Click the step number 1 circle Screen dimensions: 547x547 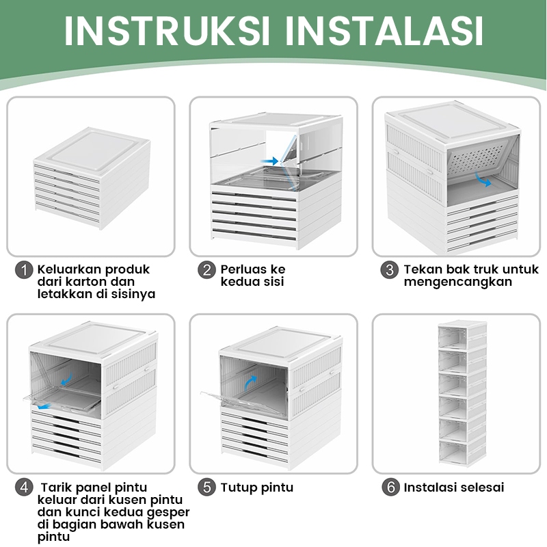click(24, 270)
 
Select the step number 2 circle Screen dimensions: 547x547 click(207, 270)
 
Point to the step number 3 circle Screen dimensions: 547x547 click(390, 270)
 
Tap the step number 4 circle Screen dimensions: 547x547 click(24, 488)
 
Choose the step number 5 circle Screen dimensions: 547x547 click(207, 488)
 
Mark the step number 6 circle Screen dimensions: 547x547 click(390, 488)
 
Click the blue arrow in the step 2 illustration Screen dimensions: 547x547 click(271, 161)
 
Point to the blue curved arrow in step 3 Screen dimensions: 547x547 click(484, 181)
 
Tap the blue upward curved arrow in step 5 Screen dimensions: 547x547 click(251, 383)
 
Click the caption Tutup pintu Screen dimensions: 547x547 click(257, 488)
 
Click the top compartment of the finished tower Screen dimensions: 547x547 click(462, 334)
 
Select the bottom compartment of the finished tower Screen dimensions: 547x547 click(462, 452)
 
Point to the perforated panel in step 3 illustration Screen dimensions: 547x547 click(481, 157)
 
